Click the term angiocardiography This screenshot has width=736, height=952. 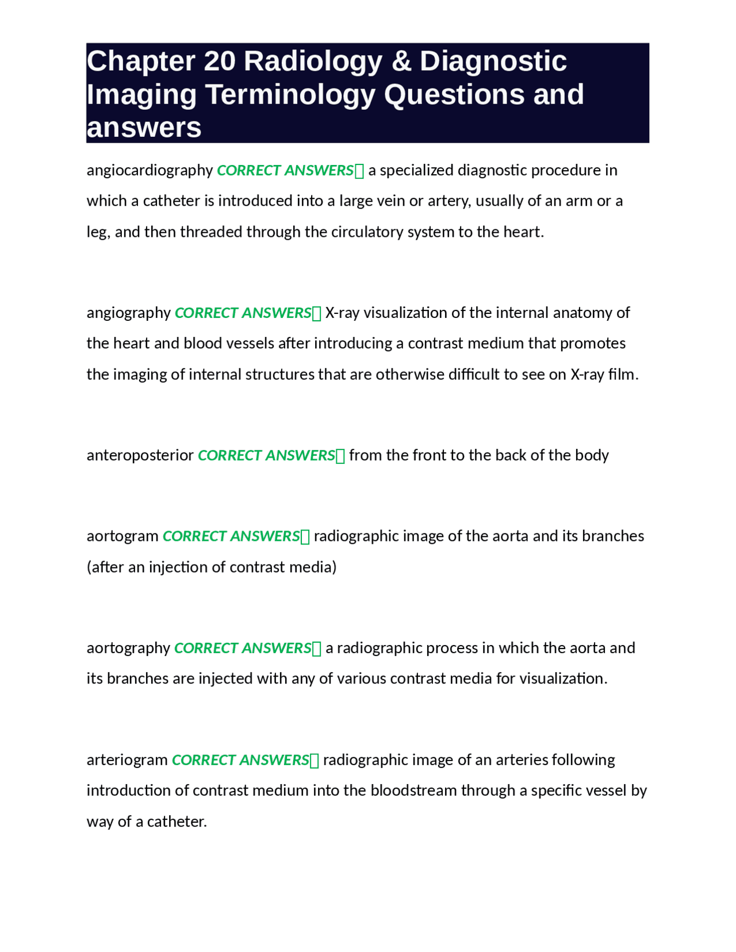[149, 171]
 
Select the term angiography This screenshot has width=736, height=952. [128, 313]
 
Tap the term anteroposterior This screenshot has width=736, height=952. [140, 455]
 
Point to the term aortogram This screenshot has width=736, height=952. [122, 536]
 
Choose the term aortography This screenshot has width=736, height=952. [128, 648]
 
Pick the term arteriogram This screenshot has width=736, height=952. [127, 760]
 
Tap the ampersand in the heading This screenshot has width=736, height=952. [401, 61]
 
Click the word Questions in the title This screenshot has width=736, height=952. [454, 94]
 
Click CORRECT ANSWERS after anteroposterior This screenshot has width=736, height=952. [266, 455]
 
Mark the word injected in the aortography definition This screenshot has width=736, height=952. [226, 679]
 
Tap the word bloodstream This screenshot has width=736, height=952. [413, 791]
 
